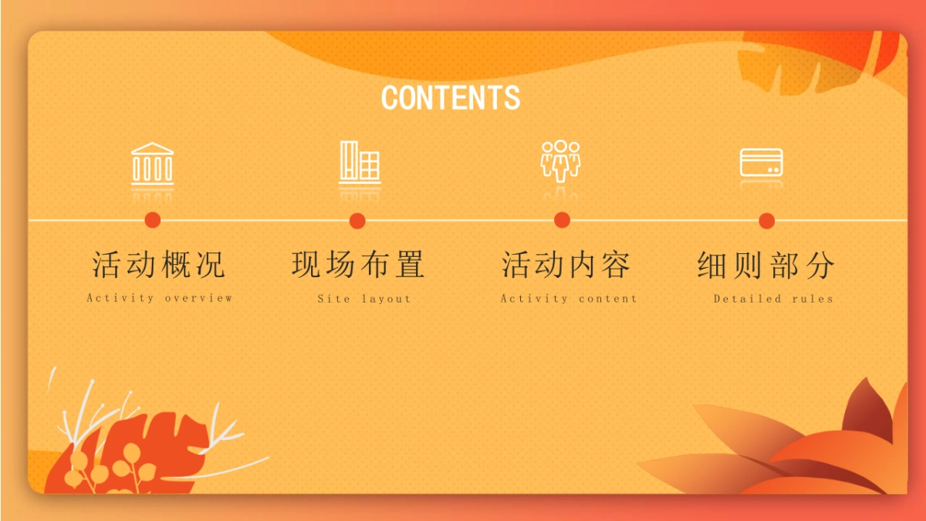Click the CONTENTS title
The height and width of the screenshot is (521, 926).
(451, 97)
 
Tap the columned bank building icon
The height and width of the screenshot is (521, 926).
(153, 164)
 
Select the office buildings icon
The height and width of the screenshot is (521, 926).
(360, 162)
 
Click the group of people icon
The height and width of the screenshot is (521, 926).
(560, 161)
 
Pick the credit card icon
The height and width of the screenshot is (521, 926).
(761, 163)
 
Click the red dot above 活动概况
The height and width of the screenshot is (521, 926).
(153, 220)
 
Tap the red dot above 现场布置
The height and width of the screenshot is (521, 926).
(357, 221)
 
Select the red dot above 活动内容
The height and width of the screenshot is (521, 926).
(563, 220)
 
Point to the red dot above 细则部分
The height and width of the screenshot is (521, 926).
(767, 221)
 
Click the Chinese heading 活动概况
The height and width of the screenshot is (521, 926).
(158, 265)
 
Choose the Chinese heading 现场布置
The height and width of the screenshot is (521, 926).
(358, 265)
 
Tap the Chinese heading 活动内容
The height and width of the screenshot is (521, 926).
(566, 265)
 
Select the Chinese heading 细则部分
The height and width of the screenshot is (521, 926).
(766, 266)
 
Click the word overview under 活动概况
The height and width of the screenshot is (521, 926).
(199, 298)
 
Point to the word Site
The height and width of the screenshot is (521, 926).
(334, 299)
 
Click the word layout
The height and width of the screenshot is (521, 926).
(387, 299)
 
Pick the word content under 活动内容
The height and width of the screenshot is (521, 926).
(608, 299)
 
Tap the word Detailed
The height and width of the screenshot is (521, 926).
(748, 299)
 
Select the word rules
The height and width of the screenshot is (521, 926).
(813, 299)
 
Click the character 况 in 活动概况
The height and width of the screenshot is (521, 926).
(211, 265)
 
